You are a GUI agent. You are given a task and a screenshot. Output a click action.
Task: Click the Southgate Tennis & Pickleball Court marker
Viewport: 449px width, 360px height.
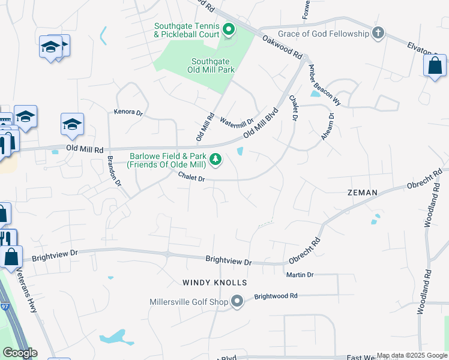(228, 29)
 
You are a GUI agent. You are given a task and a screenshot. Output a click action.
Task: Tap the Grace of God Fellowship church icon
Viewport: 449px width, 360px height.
(378, 33)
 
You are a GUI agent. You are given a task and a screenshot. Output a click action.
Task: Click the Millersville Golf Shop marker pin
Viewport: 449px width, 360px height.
(237, 301)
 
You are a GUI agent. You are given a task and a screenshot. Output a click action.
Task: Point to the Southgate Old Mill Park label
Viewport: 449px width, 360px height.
(213, 65)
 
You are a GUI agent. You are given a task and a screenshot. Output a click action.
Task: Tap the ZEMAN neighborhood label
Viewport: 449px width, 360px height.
(362, 193)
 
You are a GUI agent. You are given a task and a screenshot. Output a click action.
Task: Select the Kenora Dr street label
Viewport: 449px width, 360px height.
(128, 112)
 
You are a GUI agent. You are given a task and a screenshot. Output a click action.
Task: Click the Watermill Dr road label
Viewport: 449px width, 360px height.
(237, 122)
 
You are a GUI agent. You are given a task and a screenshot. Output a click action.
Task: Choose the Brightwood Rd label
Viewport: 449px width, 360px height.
(276, 296)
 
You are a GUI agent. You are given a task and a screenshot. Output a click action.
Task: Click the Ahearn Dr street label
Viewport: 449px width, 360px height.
(327, 127)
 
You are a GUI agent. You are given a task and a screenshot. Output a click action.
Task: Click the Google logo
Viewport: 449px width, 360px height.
(20, 353)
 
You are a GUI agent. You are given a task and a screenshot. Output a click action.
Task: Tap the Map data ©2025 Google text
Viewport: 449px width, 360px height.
(411, 355)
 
